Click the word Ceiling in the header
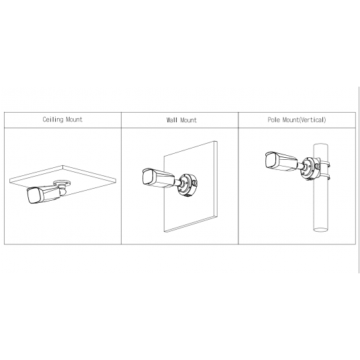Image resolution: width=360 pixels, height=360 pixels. [x=53, y=120]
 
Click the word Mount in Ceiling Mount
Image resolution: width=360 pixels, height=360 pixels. [x=74, y=120]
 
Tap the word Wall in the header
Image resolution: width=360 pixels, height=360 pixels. [x=172, y=120]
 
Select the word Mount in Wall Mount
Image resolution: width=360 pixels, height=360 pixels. [x=189, y=120]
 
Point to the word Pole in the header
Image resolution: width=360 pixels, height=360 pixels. [x=273, y=120]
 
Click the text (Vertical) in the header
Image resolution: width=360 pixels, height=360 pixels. [x=313, y=120]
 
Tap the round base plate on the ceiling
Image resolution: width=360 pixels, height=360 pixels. [x=62, y=183]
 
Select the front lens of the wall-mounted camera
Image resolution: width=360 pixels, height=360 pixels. [x=148, y=177]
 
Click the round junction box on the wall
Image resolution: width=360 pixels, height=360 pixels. [x=187, y=185]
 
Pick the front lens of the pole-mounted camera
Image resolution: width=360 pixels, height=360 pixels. [x=271, y=160]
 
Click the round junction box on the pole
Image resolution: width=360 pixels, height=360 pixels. [x=310, y=168]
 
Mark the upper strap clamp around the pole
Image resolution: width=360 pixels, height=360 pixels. [x=324, y=165]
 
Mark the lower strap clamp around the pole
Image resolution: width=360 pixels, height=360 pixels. [x=324, y=177]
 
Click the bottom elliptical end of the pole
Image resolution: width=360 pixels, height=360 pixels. [x=321, y=229]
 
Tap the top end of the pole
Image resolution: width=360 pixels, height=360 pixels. [x=321, y=145]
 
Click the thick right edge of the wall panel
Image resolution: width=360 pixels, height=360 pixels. [x=216, y=179]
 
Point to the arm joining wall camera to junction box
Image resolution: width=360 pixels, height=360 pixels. [x=178, y=183]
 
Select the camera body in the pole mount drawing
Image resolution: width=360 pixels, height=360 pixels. [x=281, y=162]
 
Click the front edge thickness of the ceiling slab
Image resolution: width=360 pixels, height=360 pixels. [x=62, y=181]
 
